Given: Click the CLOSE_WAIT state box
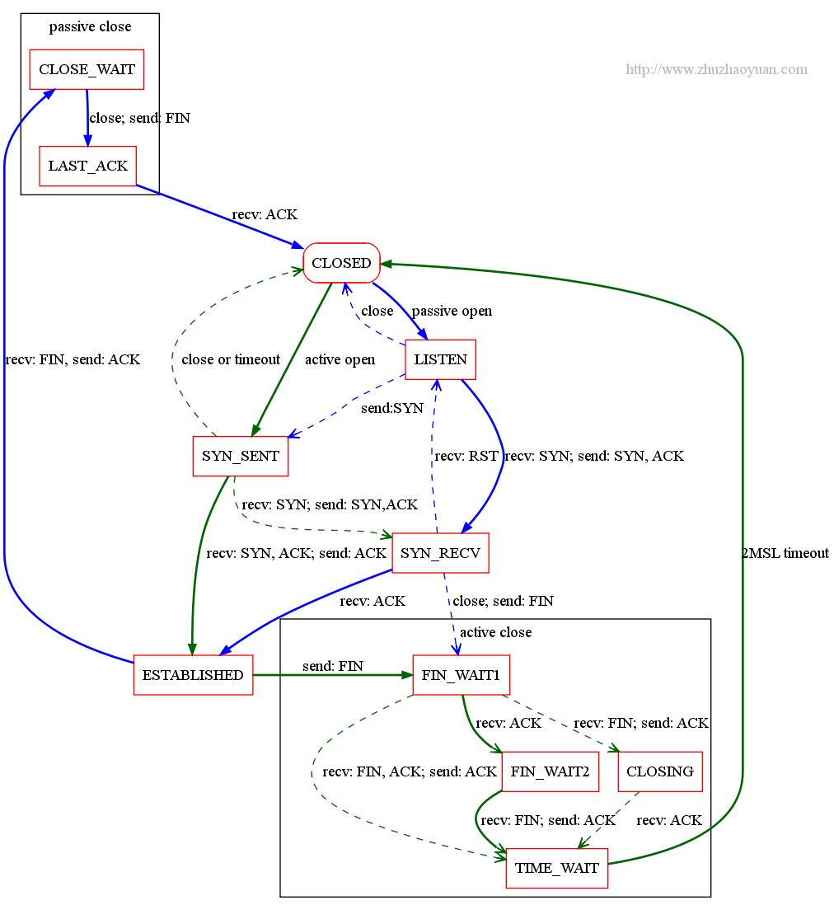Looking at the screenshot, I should [x=87, y=69].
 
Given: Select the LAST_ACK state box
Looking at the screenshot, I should [x=87, y=166].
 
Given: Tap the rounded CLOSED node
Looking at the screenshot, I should [x=341, y=263].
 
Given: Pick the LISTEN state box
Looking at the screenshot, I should [x=440, y=359].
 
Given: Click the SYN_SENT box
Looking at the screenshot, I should [x=240, y=456].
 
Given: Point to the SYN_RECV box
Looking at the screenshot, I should [x=440, y=552].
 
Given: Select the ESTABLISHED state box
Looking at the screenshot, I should [x=193, y=675].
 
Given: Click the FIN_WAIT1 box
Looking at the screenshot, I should [x=461, y=675].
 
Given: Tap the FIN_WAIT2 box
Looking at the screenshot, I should [x=550, y=772].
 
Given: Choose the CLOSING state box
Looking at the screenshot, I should [x=660, y=772].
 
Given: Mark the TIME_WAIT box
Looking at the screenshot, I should [x=557, y=868].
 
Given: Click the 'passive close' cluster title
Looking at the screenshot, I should [x=90, y=26].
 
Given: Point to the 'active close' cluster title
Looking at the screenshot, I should [x=495, y=632].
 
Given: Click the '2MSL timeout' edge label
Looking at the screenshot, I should [x=785, y=553].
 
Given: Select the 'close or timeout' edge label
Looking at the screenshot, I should [x=231, y=359].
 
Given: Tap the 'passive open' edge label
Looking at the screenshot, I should [x=452, y=311].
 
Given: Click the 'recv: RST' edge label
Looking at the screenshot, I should [x=466, y=456].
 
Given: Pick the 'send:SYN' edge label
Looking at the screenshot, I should [x=392, y=408].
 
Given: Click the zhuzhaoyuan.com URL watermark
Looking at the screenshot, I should [x=716, y=69].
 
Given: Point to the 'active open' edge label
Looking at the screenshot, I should [x=340, y=359].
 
